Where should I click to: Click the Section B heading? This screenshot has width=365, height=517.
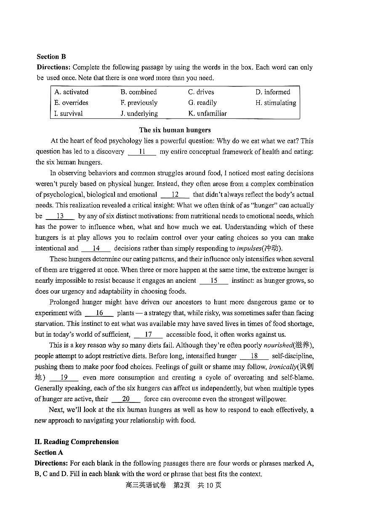(x=51, y=56)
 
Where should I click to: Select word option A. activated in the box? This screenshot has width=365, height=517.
(x=71, y=92)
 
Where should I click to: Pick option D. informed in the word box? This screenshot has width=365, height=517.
(x=272, y=92)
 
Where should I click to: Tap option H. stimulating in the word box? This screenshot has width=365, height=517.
(x=275, y=103)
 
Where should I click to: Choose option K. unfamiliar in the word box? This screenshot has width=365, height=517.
(x=207, y=113)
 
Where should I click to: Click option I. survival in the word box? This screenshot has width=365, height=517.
(x=68, y=113)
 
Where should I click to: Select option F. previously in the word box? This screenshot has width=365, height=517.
(x=139, y=103)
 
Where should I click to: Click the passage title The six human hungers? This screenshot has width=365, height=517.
(x=175, y=130)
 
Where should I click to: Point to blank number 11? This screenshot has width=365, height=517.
(x=142, y=152)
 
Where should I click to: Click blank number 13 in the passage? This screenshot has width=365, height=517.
(x=60, y=216)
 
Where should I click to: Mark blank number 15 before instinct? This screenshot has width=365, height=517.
(x=213, y=281)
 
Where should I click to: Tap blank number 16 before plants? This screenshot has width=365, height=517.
(x=99, y=313)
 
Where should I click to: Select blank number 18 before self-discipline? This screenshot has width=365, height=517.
(x=254, y=356)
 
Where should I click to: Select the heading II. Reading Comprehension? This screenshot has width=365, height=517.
(x=77, y=442)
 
